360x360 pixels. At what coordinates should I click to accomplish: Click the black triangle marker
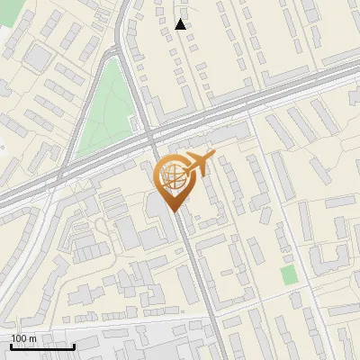tap(181, 24)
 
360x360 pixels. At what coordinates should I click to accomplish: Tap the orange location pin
tap(174, 181)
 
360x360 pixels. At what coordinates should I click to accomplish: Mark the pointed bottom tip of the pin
tap(174, 211)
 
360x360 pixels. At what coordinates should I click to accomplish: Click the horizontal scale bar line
tap(42, 346)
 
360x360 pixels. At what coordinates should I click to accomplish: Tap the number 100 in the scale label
tap(20, 338)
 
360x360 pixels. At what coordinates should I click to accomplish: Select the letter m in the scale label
tap(33, 338)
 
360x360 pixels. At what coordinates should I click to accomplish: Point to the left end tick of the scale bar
tap(11, 345)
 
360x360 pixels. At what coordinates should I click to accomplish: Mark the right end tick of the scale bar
tap(74, 345)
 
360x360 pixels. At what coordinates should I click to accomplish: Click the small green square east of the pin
tap(288, 274)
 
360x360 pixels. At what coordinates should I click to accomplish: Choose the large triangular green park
tap(103, 108)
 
